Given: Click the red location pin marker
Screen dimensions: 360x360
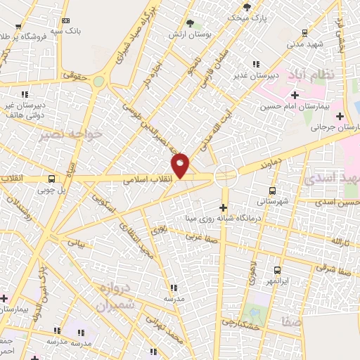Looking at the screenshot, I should [x=181, y=165].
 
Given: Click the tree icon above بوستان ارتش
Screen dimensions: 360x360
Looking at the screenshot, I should [x=190, y=24].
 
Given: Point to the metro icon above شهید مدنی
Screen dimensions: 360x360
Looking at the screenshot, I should [x=304, y=32].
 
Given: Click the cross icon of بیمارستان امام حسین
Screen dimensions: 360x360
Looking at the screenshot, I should [x=294, y=94].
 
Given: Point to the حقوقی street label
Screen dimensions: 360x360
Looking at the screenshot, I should [x=74, y=74].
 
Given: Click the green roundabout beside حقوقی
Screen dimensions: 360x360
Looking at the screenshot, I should [x=98, y=82].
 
